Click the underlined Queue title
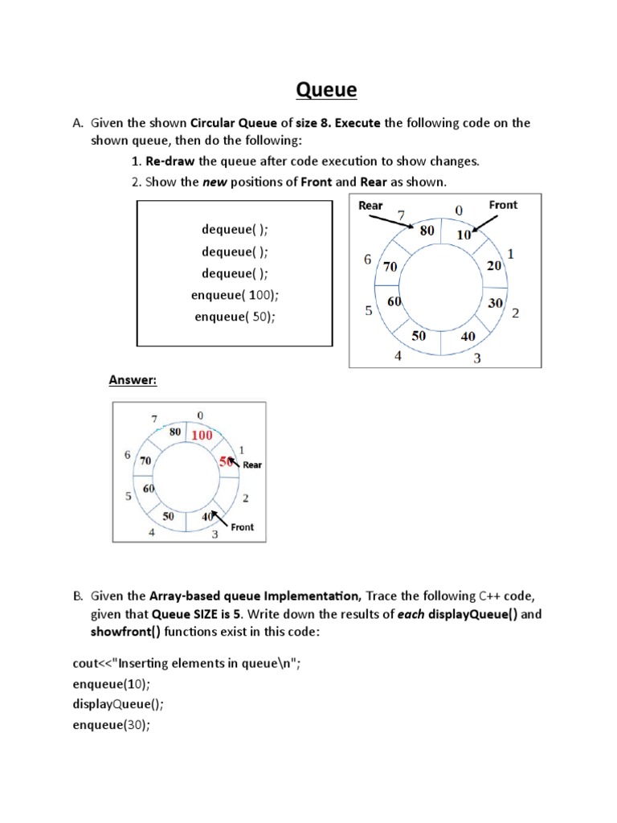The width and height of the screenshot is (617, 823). point(326,89)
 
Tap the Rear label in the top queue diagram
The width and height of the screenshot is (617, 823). point(370,205)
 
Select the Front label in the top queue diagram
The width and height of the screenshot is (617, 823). point(503,205)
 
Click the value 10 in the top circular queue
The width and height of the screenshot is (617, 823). point(464,235)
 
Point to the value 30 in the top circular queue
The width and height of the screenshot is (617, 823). point(496,303)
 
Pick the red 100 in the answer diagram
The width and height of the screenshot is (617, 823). point(202,435)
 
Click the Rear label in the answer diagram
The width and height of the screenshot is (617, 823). point(252,465)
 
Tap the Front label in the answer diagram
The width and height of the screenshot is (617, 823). point(242,527)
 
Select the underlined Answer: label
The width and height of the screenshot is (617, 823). point(133,379)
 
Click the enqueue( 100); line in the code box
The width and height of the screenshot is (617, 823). point(235,295)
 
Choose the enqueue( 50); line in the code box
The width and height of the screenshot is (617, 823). point(235,317)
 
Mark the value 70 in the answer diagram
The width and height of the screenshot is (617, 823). point(145,461)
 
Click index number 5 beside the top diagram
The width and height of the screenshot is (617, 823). point(368,311)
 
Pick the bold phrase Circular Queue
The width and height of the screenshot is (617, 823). point(233,123)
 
